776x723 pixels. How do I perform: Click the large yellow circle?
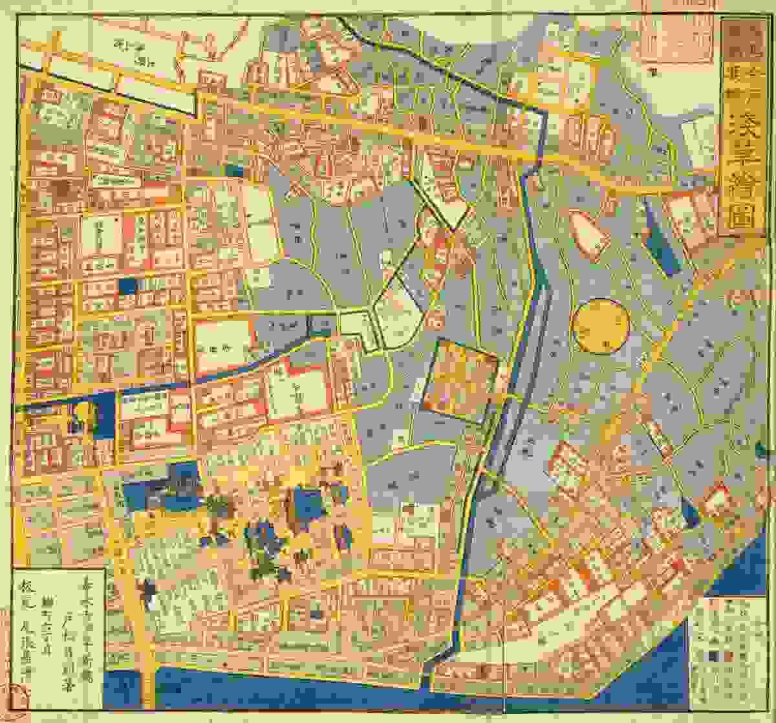click(x=601, y=326)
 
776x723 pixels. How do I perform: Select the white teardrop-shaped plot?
click(x=589, y=235)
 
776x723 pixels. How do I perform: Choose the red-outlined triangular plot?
click(x=716, y=501)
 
